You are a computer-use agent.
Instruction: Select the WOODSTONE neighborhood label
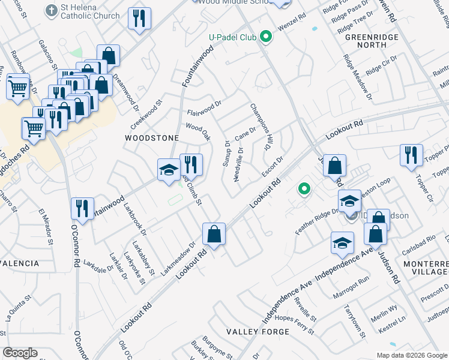[x=151, y=138]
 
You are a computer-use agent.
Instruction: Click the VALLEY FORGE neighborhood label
[x=258, y=332]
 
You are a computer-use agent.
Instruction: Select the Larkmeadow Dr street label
[x=178, y=259]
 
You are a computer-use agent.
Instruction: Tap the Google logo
[x=20, y=353]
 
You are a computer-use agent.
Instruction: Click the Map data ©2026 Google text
[x=411, y=355]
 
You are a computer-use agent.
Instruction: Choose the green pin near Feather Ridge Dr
[x=304, y=190]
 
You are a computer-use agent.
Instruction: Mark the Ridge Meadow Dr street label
[x=358, y=77]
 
